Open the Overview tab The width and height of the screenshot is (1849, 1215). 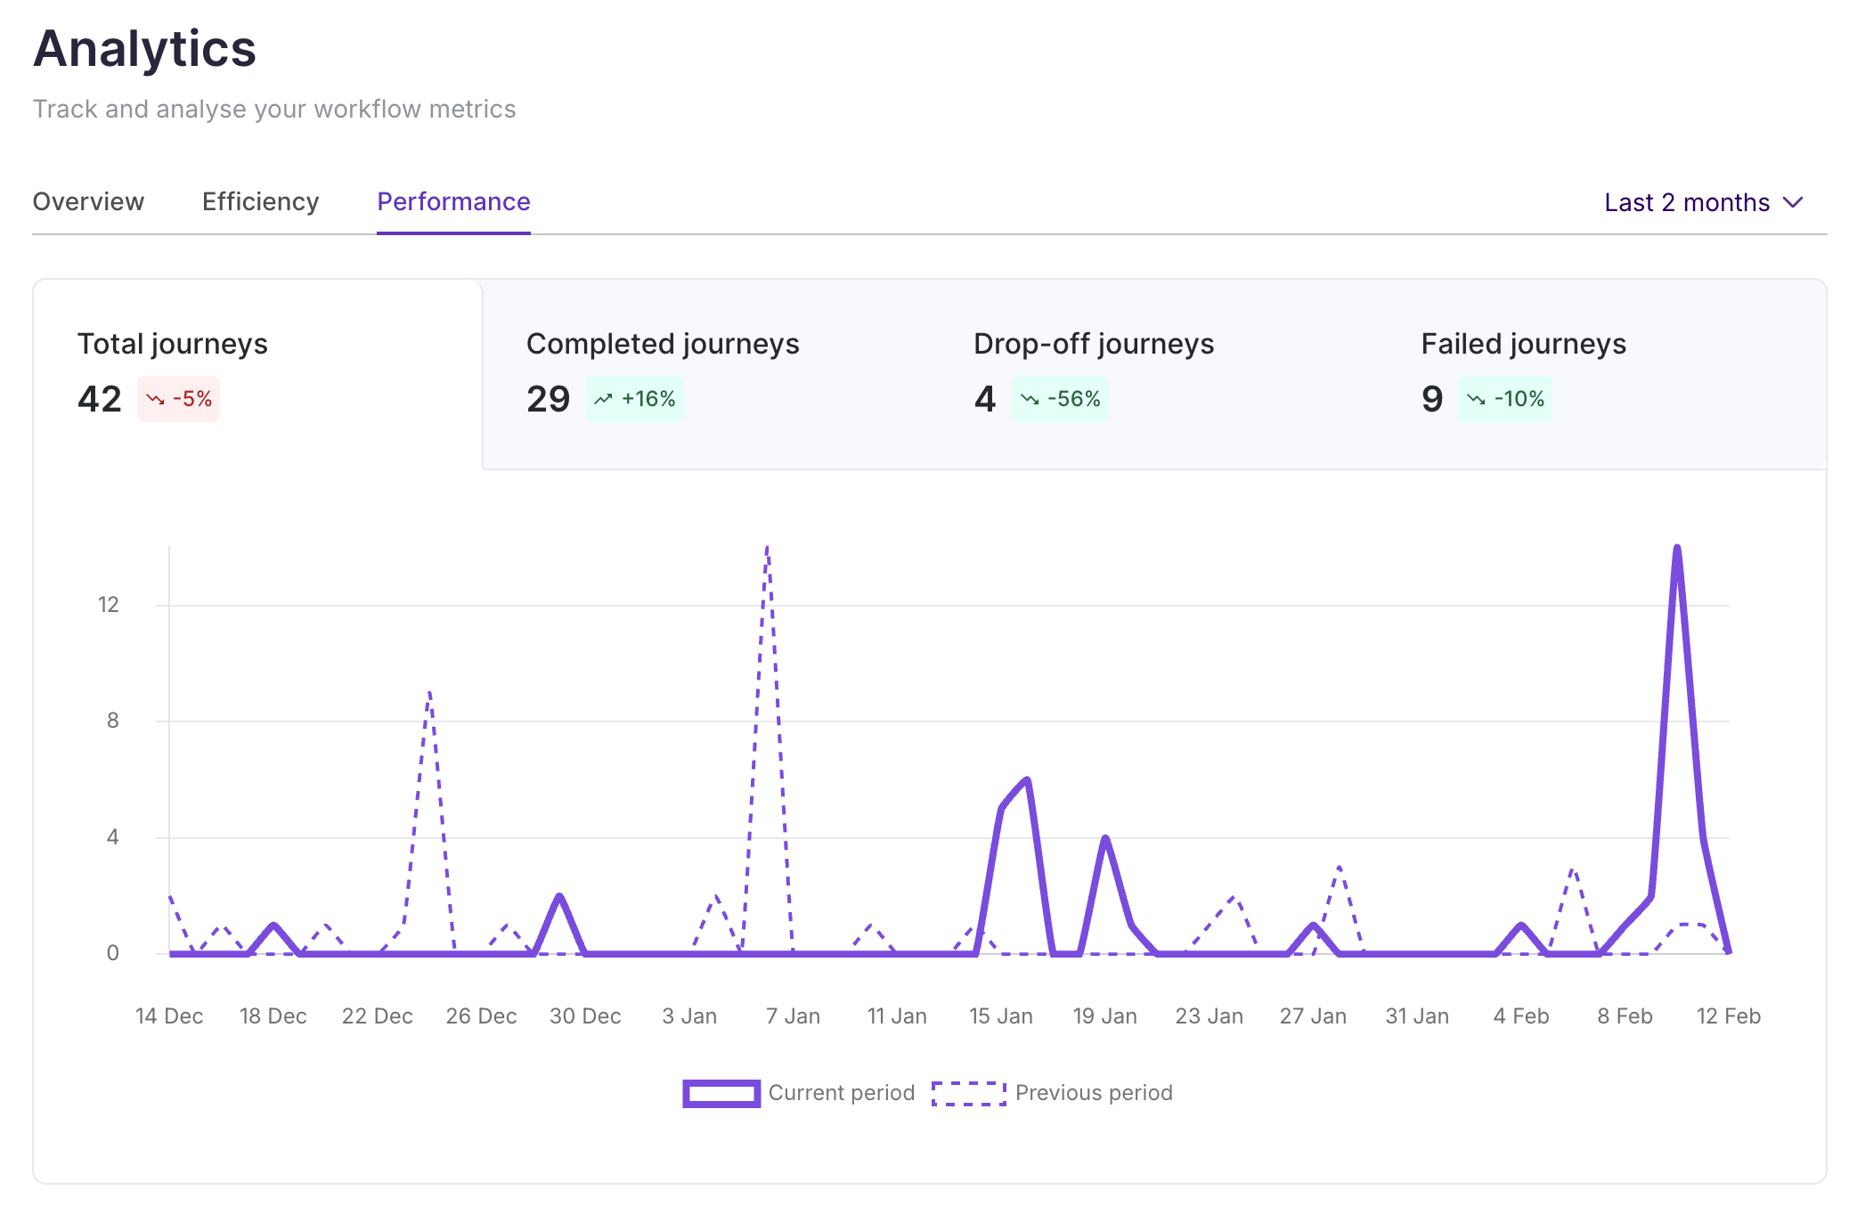click(88, 202)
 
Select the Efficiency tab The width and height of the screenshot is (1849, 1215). click(260, 202)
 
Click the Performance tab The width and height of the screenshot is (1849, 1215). click(453, 202)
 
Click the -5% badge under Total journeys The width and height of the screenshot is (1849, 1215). click(179, 399)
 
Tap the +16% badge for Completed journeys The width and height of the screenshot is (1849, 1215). click(635, 399)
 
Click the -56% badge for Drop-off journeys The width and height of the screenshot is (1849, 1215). click(1060, 399)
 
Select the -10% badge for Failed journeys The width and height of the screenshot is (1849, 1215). click(1505, 399)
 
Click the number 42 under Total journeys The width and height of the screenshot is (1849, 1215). click(99, 399)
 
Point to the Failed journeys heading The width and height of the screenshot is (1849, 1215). click(1523, 344)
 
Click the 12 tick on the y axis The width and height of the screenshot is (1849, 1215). click(108, 605)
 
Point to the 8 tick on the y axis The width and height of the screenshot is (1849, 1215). click(112, 721)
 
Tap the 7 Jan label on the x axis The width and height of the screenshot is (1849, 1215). click(793, 1016)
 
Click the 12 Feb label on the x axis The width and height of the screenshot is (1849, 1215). click(1728, 1016)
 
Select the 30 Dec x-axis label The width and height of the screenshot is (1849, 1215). click(585, 1016)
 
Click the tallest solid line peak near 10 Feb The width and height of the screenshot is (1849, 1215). click(1677, 549)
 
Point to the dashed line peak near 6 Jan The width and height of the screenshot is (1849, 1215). click(768, 549)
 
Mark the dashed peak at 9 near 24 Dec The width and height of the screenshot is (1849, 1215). click(429, 692)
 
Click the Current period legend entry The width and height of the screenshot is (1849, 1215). click(799, 1093)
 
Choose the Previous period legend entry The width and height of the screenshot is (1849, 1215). click(1052, 1093)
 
